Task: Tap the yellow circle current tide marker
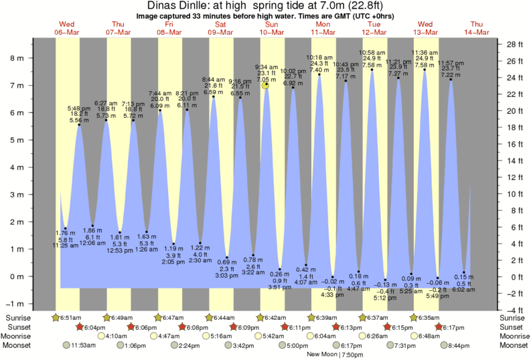[266, 85]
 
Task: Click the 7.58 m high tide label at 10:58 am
[373, 66]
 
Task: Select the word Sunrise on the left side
[18, 317]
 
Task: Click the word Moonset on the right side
[512, 345]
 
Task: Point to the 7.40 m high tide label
[319, 70]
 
